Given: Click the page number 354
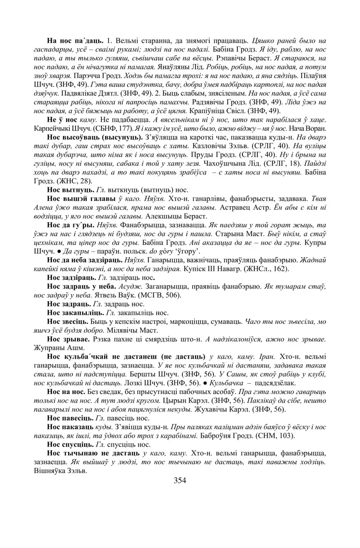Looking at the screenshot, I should point(180,480).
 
